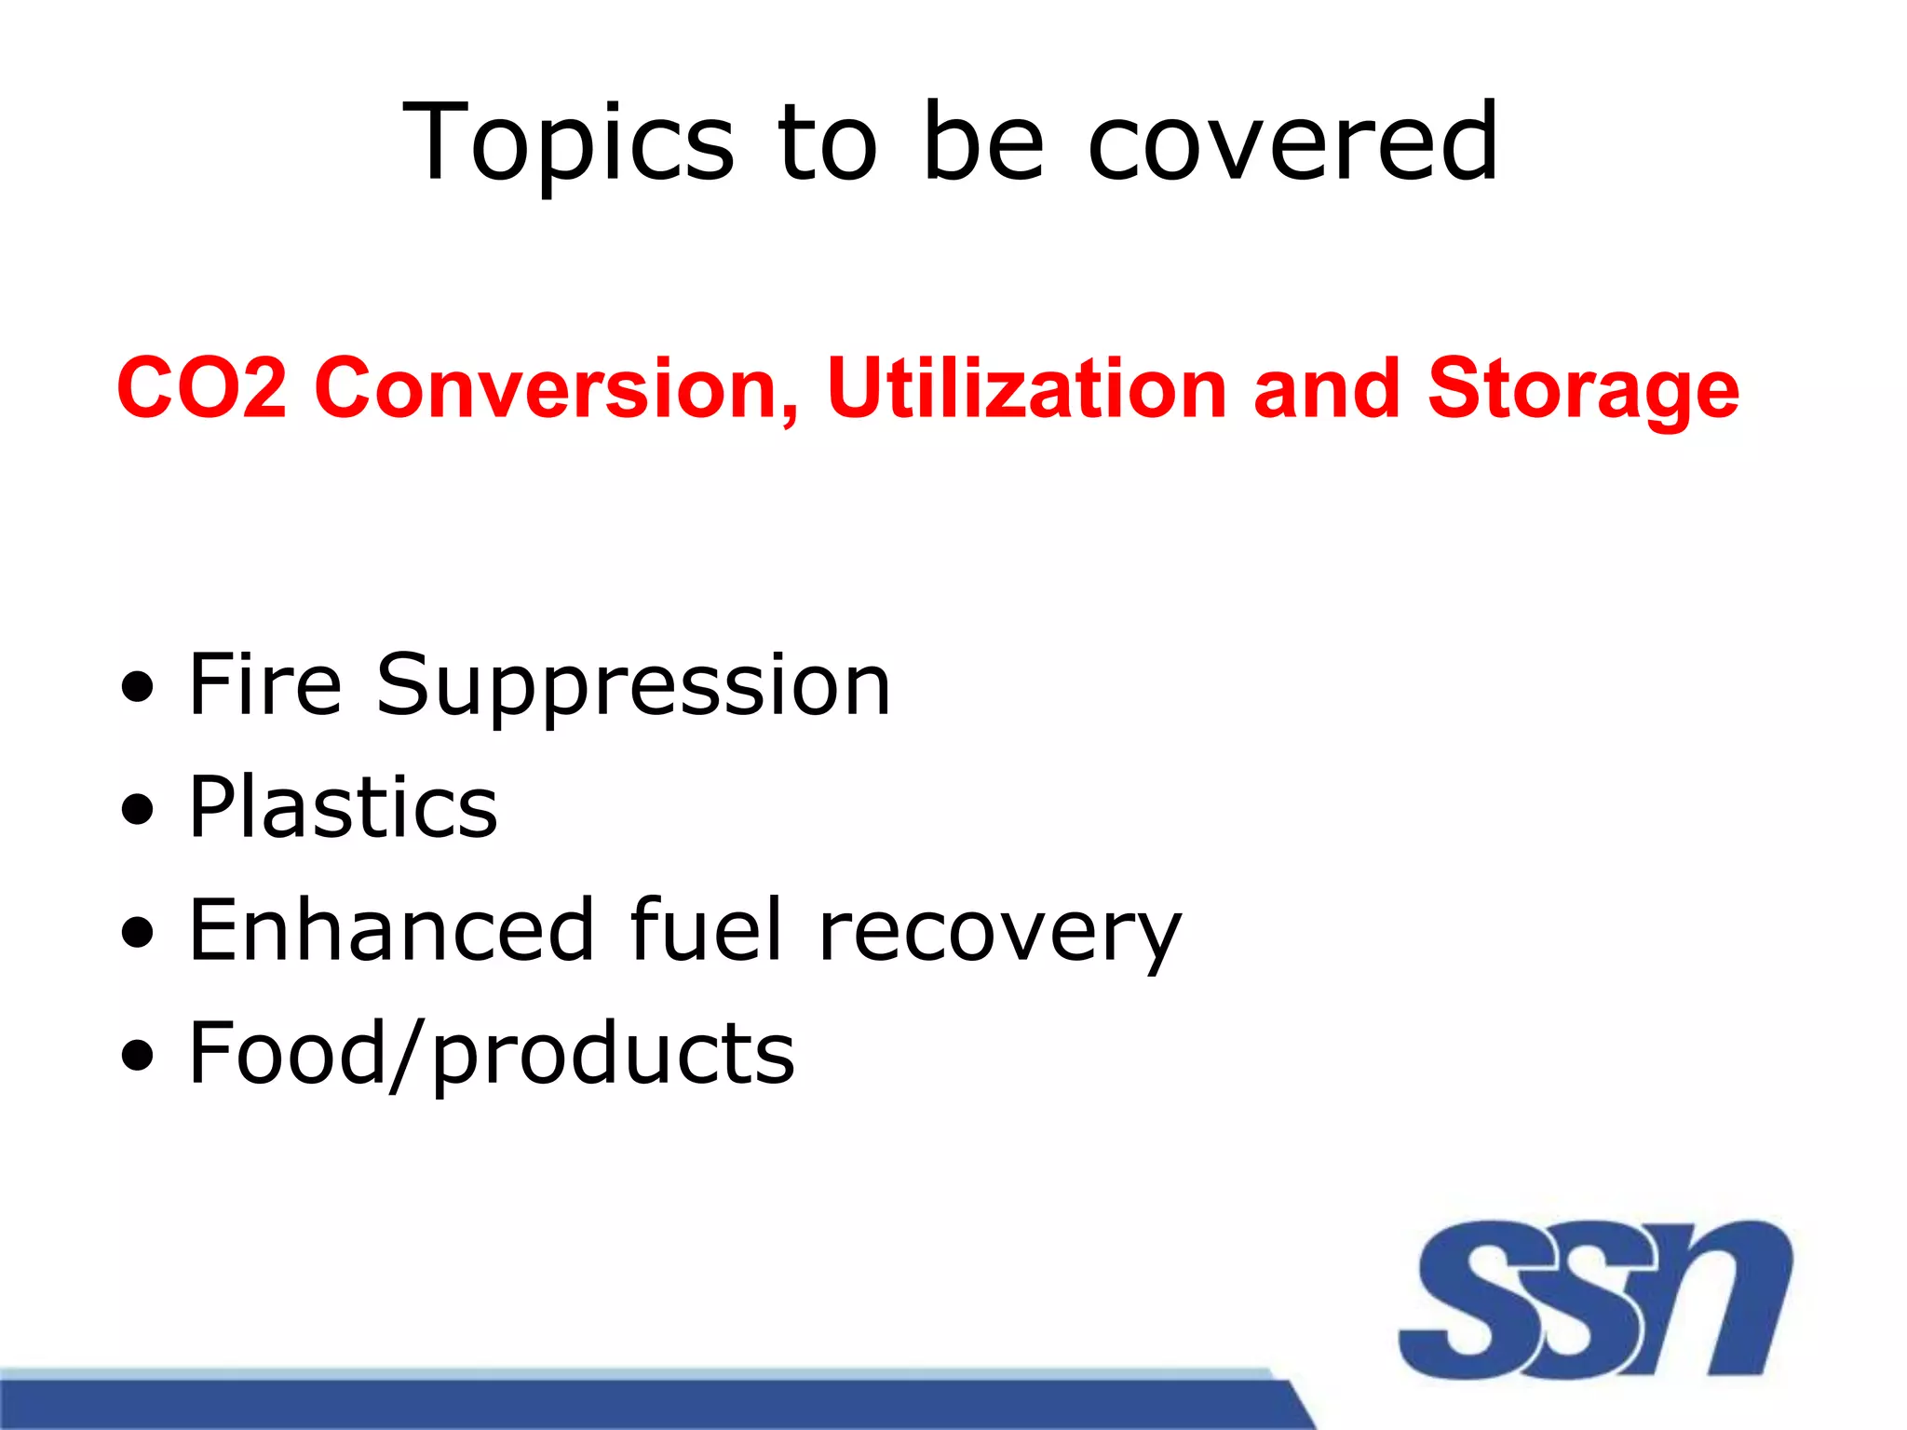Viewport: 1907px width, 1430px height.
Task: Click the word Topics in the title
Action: [x=568, y=144]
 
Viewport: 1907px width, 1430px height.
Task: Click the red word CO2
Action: [x=202, y=387]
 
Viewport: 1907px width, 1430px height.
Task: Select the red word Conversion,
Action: [x=557, y=387]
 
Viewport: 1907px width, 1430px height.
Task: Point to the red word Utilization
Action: [x=1027, y=387]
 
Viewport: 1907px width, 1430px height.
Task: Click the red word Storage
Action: [x=1582, y=389]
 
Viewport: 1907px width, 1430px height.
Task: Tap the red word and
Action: [x=1326, y=387]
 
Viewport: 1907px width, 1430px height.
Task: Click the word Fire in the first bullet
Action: [x=265, y=685]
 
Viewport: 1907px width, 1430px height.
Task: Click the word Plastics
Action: [x=343, y=807]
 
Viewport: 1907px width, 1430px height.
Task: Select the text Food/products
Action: [x=492, y=1055]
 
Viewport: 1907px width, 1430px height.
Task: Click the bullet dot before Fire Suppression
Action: [x=138, y=689]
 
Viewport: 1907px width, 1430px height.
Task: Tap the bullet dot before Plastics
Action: [x=138, y=811]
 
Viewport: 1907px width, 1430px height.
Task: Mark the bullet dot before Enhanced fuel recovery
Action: [x=138, y=934]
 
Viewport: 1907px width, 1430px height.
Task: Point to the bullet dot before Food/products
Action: [x=138, y=1057]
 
